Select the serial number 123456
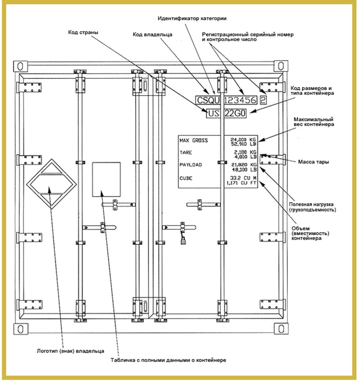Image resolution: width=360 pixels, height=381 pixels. click(240, 100)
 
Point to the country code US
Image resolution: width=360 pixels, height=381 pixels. click(214, 113)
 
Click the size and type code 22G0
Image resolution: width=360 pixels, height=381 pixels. click(235, 113)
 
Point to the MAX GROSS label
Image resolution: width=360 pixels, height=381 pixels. click(193, 140)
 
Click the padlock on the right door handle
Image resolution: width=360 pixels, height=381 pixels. click(184, 240)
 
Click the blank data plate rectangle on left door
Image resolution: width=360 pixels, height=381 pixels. click(106, 179)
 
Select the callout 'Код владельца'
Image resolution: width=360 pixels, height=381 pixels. click(152, 35)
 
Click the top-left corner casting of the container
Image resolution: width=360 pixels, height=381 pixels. click(20, 65)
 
